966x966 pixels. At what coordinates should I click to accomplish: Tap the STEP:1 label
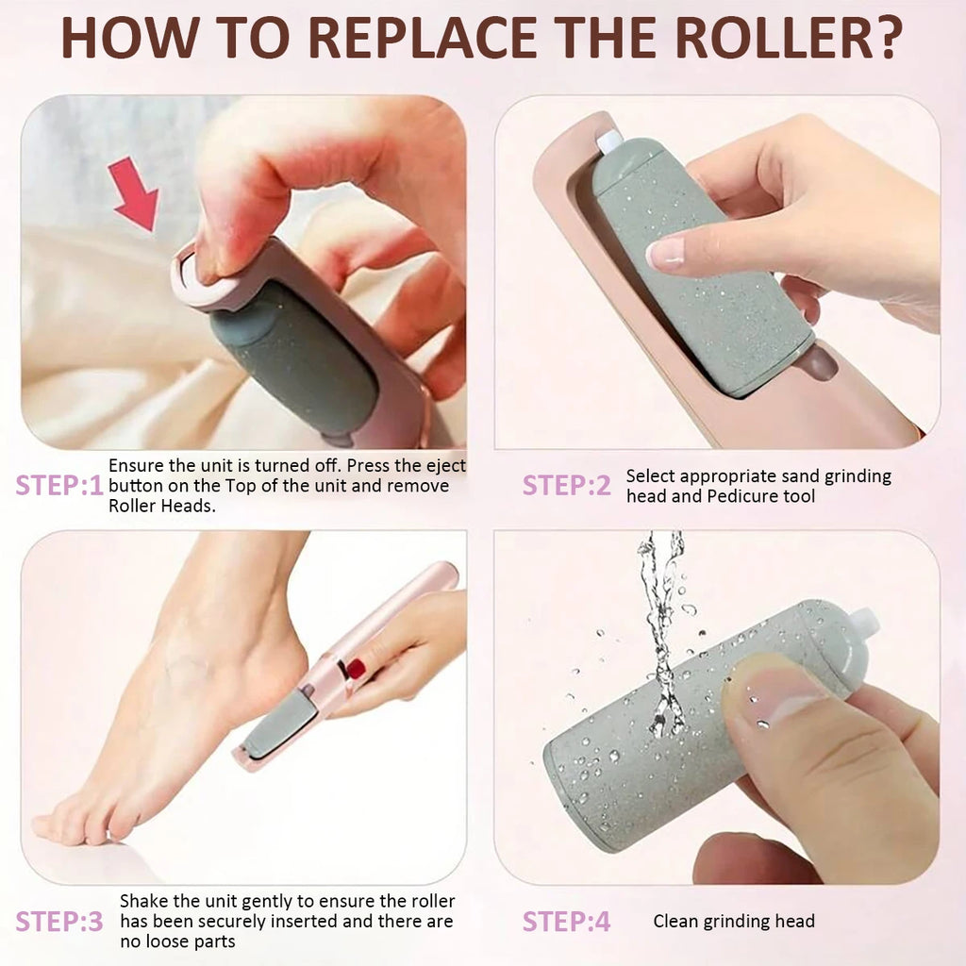(59, 486)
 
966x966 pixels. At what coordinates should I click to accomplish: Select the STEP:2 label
(566, 486)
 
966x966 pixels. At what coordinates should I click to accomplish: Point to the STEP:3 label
(59, 922)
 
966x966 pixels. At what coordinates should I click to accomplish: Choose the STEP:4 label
(566, 922)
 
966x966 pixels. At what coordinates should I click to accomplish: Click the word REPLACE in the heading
(422, 38)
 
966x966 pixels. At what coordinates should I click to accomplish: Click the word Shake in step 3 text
(144, 901)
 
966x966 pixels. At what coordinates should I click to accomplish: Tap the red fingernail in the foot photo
(356, 669)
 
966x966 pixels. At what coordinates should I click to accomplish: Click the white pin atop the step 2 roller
(609, 142)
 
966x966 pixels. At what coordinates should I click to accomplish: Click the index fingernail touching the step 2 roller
(665, 254)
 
